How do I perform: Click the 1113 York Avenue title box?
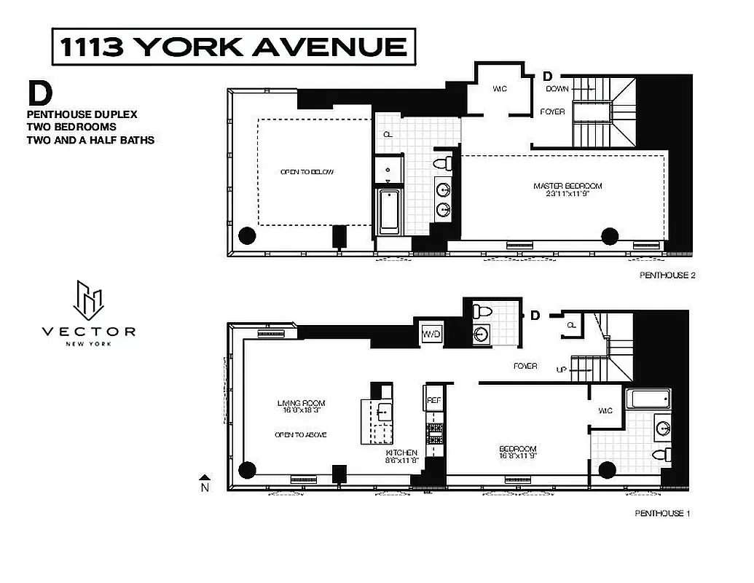[x=234, y=47]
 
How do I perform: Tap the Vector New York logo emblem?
[x=88, y=300]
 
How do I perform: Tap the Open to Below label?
[x=307, y=172]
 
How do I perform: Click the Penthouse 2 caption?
[x=664, y=275]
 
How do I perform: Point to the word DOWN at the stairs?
[x=557, y=89]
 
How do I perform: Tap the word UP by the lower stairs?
[x=561, y=369]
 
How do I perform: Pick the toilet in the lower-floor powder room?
[x=481, y=312]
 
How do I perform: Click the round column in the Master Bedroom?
[x=610, y=235]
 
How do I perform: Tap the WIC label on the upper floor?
[x=499, y=89]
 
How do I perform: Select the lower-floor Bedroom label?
[x=517, y=453]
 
